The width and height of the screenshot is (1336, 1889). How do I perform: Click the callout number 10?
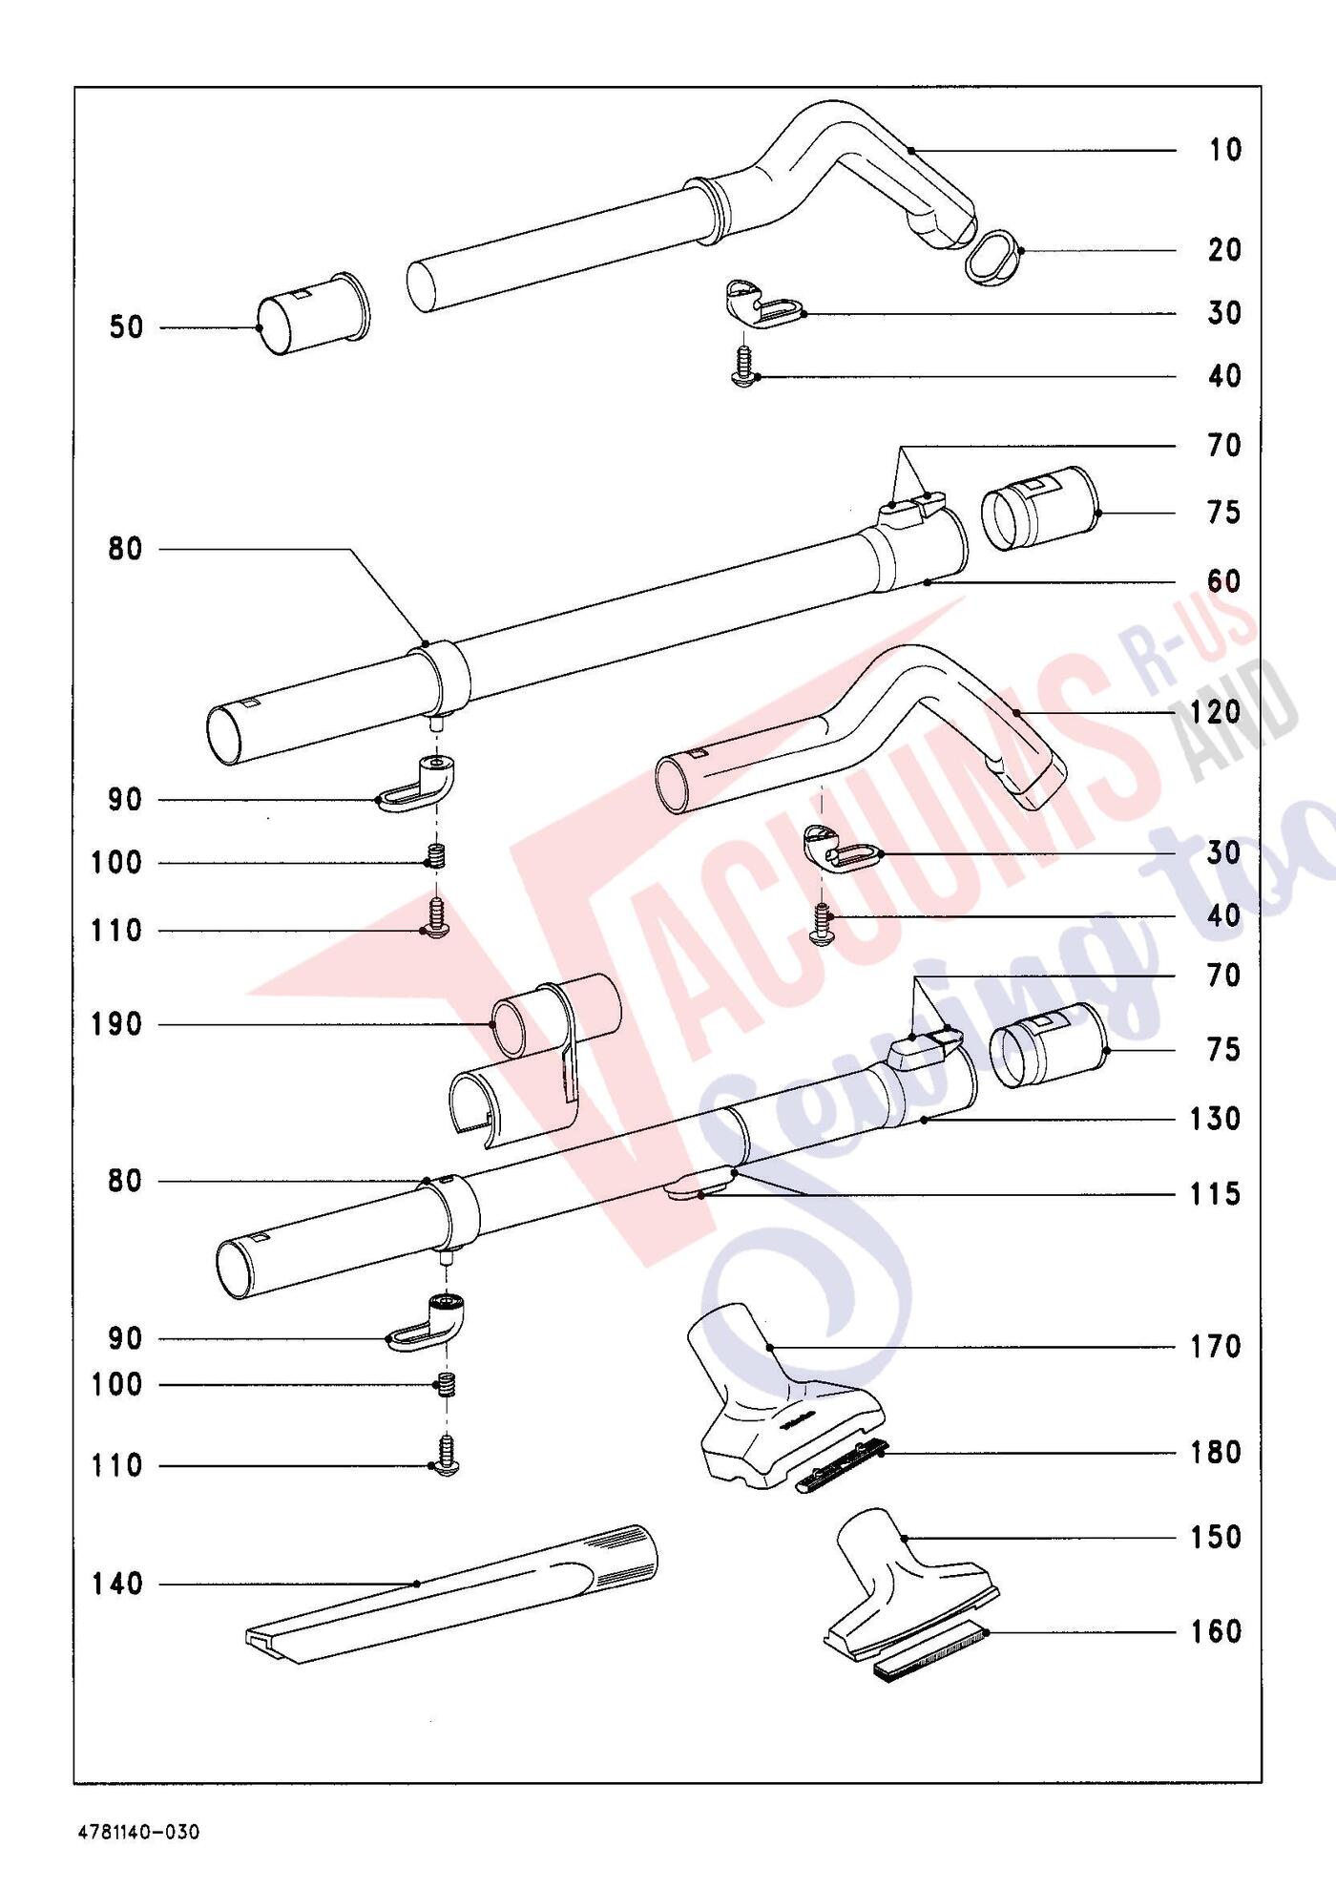pos(1224,150)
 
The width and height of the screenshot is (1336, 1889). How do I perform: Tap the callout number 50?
pos(126,327)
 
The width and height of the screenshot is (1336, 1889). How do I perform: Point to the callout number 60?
pos(1224,581)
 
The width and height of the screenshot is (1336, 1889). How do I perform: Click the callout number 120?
pos(1215,712)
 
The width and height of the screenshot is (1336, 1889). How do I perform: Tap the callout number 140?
pos(116,1585)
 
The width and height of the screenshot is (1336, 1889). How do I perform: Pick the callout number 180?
pos(1215,1453)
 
